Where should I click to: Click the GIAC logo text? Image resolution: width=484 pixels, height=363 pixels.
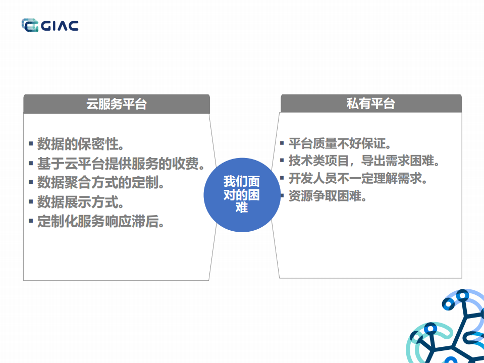(x=60, y=25)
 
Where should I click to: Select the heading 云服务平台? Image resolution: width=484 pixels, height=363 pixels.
(x=117, y=105)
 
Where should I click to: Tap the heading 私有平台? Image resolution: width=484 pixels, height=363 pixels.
(x=370, y=103)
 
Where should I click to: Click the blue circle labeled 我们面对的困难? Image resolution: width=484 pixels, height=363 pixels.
(x=241, y=194)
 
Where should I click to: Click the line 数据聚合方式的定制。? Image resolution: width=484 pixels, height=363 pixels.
(x=101, y=182)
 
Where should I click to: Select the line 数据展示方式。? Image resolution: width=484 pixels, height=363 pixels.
(x=81, y=202)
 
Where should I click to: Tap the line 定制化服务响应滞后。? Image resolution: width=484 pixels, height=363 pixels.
(x=101, y=221)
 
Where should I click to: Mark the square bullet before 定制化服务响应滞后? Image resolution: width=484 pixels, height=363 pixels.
(x=31, y=221)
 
